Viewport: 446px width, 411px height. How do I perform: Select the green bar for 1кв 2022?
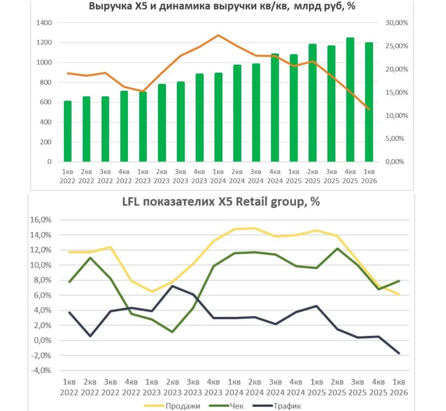point(67,131)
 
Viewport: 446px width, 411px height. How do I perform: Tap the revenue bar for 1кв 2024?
point(218,117)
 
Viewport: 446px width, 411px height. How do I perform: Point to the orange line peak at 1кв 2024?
point(218,35)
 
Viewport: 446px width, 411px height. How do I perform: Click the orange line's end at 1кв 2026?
point(369,109)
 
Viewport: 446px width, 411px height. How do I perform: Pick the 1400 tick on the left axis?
point(44,23)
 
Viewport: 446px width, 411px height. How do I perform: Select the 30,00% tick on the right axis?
point(396,23)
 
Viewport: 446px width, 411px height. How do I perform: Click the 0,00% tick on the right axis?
point(395,162)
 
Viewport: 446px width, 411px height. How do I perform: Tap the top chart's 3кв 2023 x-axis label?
point(180,176)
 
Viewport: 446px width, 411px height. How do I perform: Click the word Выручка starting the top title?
point(107,6)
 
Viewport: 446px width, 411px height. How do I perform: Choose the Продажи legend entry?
point(183,406)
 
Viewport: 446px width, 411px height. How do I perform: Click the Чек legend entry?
point(236,406)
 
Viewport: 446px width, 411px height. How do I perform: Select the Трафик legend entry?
point(287,406)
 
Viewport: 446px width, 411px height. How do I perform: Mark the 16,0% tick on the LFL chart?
point(40,220)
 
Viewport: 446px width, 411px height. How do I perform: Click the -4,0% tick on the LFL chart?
point(40,371)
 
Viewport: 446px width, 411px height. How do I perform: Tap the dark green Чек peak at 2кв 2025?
point(338,249)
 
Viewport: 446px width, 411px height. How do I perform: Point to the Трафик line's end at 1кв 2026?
point(399,353)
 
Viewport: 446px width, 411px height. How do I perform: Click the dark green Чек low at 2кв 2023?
point(172,332)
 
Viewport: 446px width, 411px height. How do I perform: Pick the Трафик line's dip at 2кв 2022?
point(90,336)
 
